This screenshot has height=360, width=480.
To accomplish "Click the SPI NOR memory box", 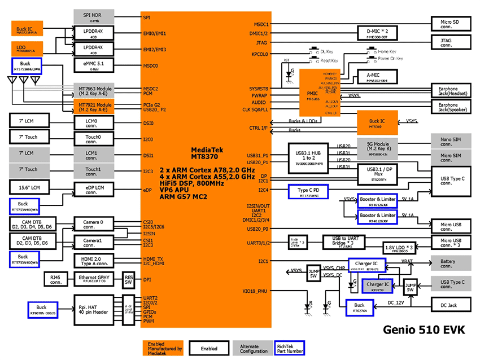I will [x=94, y=16].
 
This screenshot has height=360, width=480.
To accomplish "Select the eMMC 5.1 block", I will [x=94, y=66].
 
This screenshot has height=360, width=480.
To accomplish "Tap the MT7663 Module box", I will [x=94, y=91].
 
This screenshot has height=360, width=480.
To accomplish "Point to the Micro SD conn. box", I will [x=451, y=24].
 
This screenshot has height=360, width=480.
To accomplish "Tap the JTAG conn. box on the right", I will [x=451, y=42].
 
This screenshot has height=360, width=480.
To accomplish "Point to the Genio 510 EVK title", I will [x=423, y=329].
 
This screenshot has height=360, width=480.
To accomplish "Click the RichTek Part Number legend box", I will [x=289, y=348].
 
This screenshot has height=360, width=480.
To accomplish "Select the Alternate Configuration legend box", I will [x=249, y=348].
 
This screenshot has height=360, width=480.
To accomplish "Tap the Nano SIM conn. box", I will [x=451, y=141].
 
